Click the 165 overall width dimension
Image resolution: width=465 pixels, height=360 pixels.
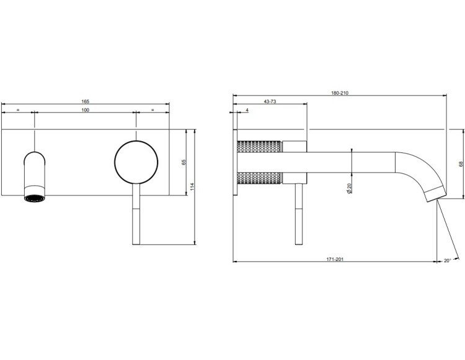pyautogui.click(x=85, y=102)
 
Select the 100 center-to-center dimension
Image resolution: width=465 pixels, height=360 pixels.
pyautogui.click(x=85, y=110)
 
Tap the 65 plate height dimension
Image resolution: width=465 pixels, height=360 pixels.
pyautogui.click(x=184, y=162)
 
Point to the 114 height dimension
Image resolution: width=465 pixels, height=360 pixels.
pyautogui.click(x=192, y=187)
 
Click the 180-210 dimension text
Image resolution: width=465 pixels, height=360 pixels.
pyautogui.click(x=340, y=93)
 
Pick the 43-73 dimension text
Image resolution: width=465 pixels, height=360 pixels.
pyautogui.click(x=270, y=102)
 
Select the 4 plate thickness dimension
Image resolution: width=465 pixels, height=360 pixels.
pyautogui.click(x=247, y=110)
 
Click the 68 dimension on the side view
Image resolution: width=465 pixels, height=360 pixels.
pyautogui.click(x=461, y=164)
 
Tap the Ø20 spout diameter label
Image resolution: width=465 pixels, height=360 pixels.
pyautogui.click(x=349, y=188)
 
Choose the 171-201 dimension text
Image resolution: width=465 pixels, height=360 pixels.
pyautogui.click(x=335, y=259)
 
